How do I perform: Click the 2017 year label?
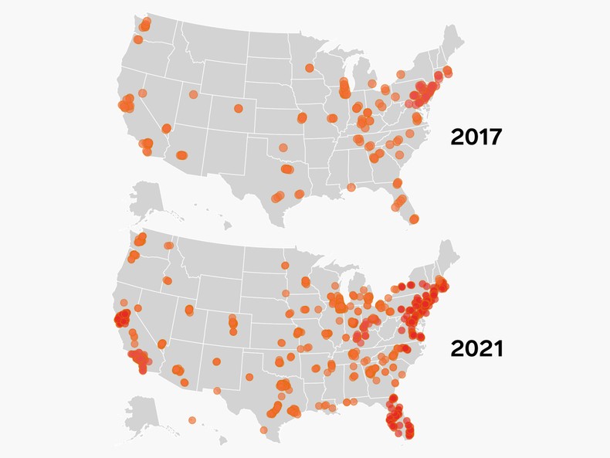coord(476,137)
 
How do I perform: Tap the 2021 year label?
coord(476,348)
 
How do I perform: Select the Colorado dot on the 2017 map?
coord(239,108)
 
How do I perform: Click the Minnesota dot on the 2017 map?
coord(309,68)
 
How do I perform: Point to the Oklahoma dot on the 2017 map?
coord(283,147)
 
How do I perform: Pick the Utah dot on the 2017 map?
coord(192,95)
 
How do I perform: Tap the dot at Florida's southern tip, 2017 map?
coord(414,219)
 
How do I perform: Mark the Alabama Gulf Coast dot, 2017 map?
coord(351,187)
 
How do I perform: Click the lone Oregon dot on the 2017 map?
coord(137,39)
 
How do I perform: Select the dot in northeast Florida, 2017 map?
coord(397,183)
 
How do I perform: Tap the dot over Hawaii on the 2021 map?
coord(191,419)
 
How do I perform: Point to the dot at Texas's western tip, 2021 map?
coord(218,391)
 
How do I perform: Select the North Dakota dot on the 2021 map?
coord(286,266)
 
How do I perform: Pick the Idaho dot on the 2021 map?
coord(165,280)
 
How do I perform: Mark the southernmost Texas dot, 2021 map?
coord(266,429)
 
